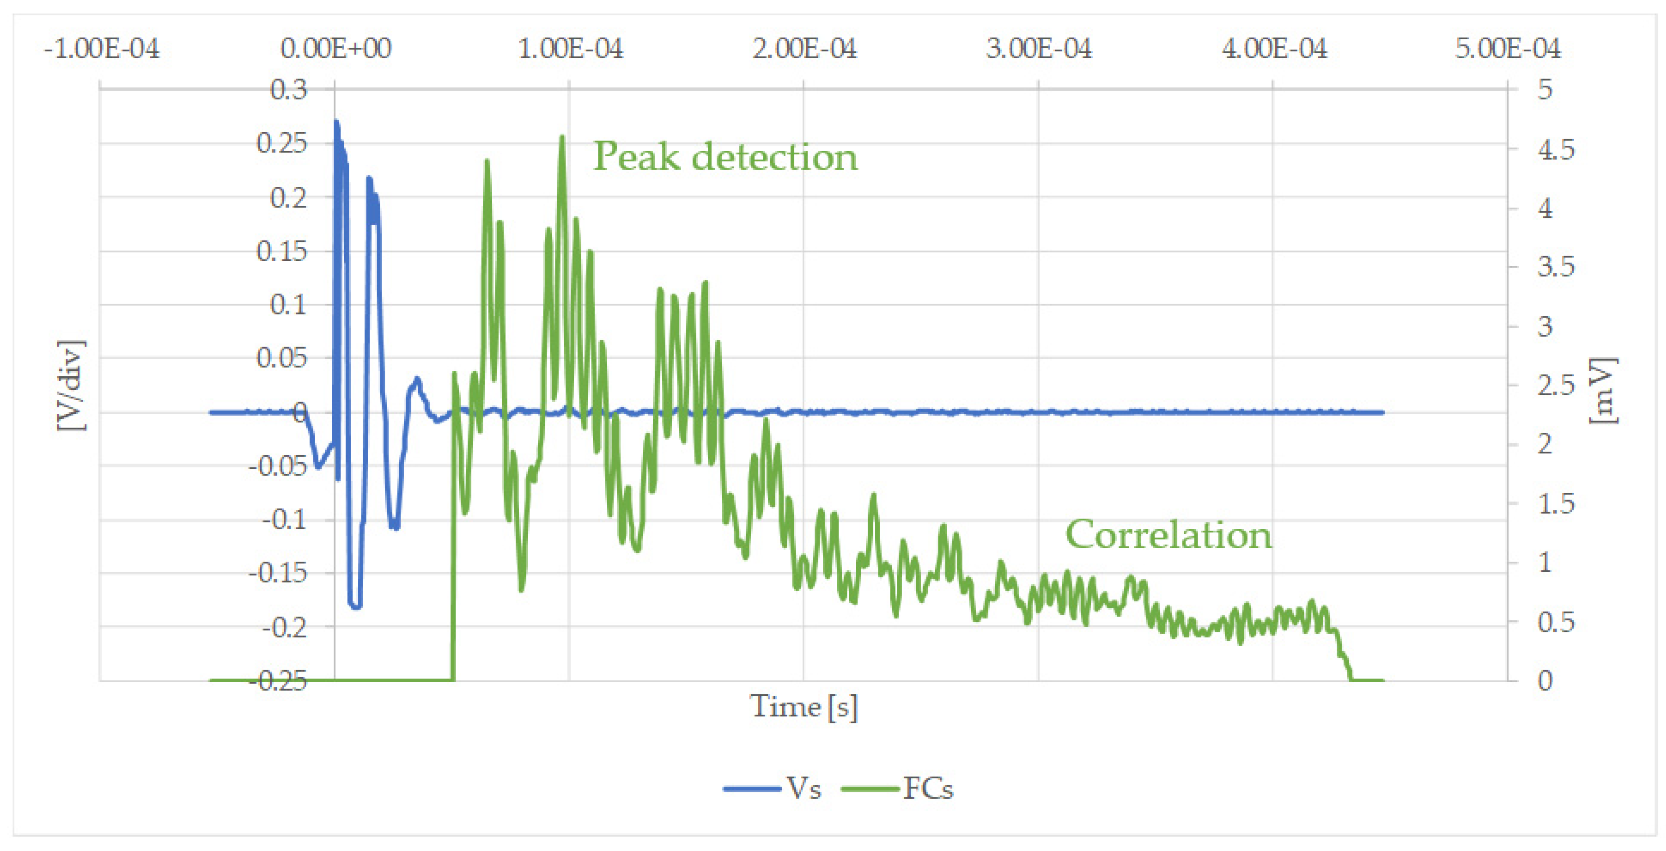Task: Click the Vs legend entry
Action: [773, 788]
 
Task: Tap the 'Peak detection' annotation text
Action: [725, 157]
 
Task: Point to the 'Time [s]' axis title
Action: [803, 706]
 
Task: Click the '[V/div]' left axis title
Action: [71, 385]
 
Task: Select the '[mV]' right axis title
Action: [1603, 391]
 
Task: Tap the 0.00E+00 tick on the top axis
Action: [336, 48]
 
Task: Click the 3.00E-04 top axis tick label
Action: [1038, 48]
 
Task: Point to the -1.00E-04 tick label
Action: [102, 48]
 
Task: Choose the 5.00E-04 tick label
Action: [1508, 48]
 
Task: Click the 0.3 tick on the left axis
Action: [288, 90]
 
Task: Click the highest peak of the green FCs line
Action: [562, 137]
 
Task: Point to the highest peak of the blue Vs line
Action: [336, 121]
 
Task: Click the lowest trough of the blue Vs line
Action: [355, 606]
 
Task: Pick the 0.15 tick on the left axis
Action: [282, 251]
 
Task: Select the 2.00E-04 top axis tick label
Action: [804, 48]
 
